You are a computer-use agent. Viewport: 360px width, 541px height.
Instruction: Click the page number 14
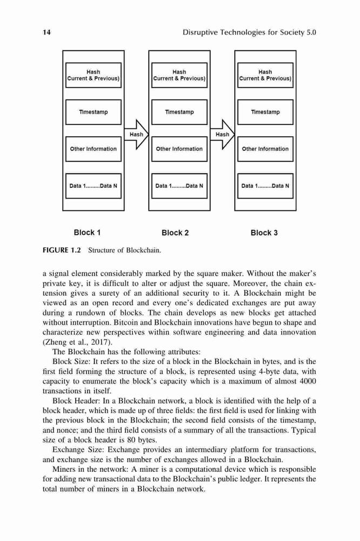pyautogui.click(x=46, y=32)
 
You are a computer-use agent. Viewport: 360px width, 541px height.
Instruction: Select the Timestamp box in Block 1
pyautogui.click(x=94, y=112)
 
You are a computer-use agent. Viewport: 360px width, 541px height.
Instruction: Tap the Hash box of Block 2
pyautogui.click(x=179, y=75)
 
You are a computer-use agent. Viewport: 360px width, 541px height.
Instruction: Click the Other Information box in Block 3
pyautogui.click(x=265, y=149)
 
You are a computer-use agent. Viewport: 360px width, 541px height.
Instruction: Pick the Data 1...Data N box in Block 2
pyautogui.click(x=179, y=186)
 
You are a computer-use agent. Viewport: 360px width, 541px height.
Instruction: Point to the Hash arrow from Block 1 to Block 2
pyautogui.click(x=136, y=135)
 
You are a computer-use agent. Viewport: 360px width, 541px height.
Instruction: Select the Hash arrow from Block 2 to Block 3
pyautogui.click(x=222, y=135)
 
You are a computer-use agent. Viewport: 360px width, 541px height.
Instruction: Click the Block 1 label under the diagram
pyautogui.click(x=87, y=233)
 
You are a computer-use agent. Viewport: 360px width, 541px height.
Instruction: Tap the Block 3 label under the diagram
pyautogui.click(x=264, y=233)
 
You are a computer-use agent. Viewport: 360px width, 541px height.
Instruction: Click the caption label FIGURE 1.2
pyautogui.click(x=62, y=250)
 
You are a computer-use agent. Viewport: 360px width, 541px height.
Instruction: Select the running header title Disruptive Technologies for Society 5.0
pyautogui.click(x=249, y=32)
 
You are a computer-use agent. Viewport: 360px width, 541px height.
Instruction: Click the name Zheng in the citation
pyautogui.click(x=55, y=342)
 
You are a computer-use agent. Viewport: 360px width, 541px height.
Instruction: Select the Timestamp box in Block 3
pyautogui.click(x=265, y=112)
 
